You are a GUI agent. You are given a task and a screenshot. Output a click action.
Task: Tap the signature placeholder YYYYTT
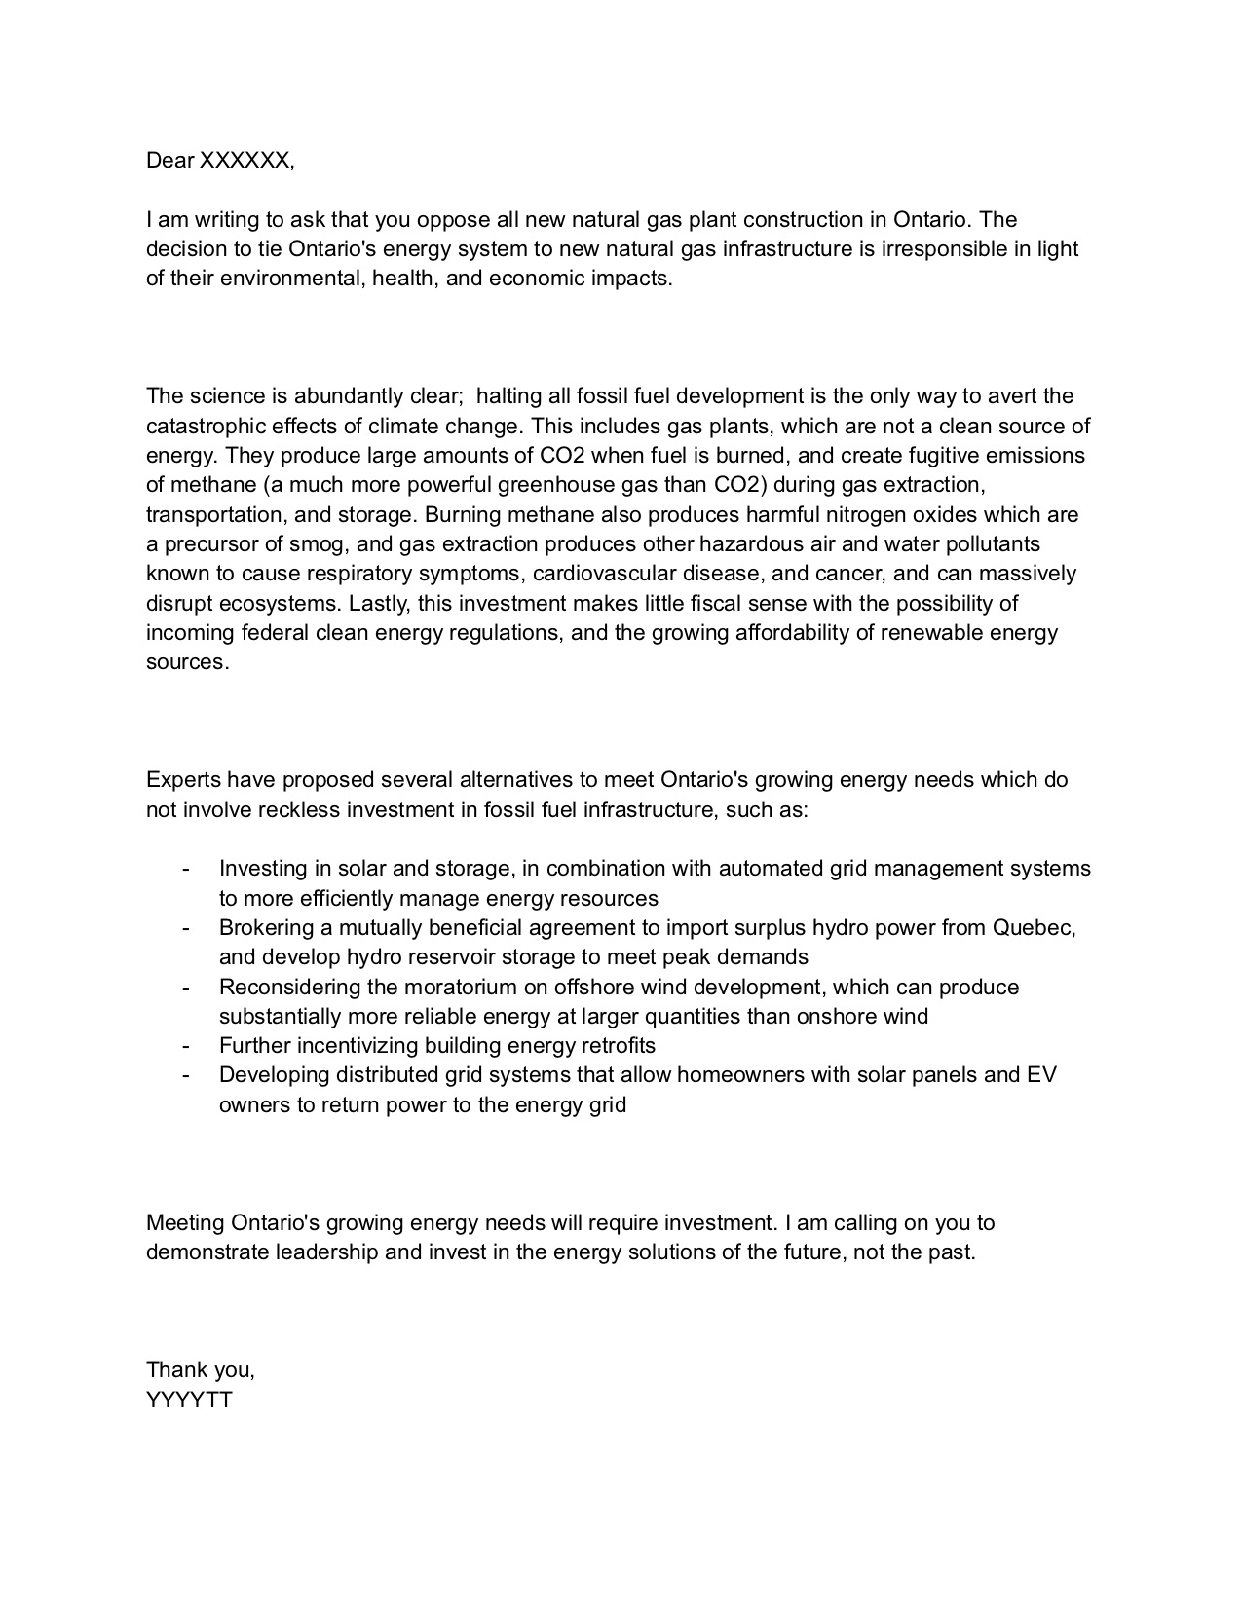click(189, 1400)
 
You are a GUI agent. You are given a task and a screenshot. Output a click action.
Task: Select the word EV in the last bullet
click(1041, 1075)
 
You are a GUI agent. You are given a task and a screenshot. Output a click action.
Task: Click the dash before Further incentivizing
click(185, 1046)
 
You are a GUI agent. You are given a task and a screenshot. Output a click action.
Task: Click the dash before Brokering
click(185, 927)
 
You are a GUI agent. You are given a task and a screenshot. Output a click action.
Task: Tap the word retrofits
click(611, 1046)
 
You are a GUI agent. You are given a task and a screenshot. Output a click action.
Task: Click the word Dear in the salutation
click(169, 161)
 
